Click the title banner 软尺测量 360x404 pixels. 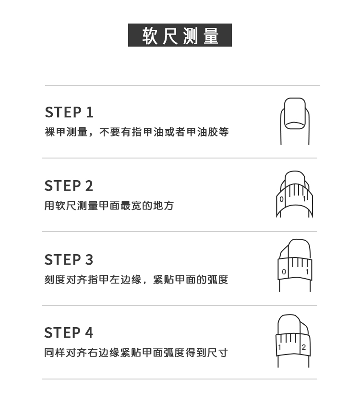pos(180,35)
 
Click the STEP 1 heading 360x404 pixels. pos(69,112)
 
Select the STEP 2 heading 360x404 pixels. pos(69,186)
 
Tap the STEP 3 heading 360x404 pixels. pos(69,260)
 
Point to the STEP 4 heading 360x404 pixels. pos(69,333)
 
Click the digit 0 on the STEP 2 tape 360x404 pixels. pos(282,199)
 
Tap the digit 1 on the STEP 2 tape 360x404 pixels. pos(304,198)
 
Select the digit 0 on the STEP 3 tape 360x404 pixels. pos(284,272)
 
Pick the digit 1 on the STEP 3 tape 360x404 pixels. pos(307,272)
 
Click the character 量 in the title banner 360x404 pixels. pos(211,36)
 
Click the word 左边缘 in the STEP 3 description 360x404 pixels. pos(126,280)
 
